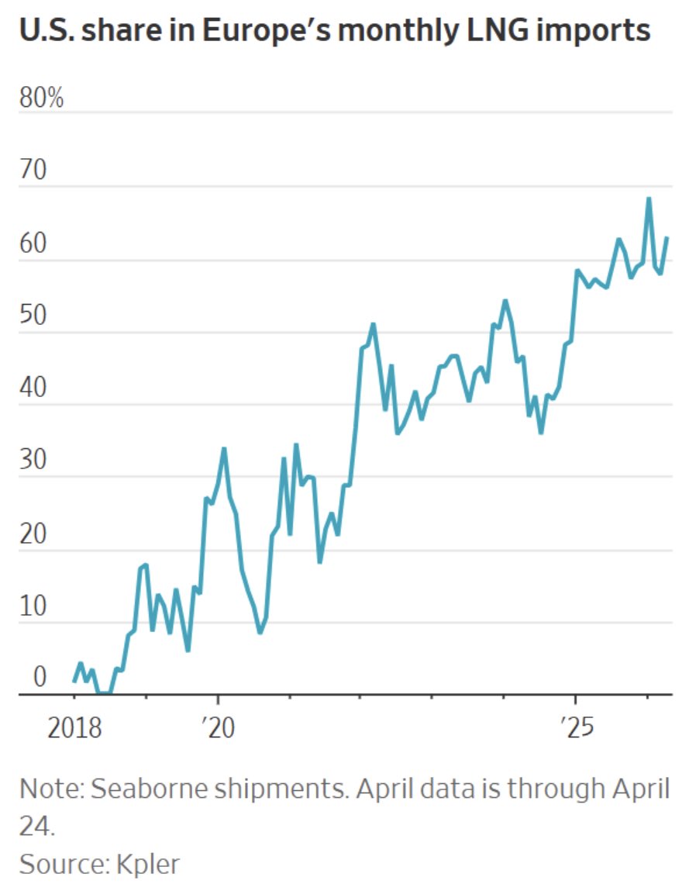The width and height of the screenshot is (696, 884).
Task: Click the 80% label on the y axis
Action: click(x=41, y=100)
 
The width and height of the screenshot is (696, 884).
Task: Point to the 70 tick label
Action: click(x=35, y=172)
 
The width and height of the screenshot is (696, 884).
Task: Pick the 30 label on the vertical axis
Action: click(x=35, y=463)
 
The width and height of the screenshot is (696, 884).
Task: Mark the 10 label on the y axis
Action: click(x=35, y=608)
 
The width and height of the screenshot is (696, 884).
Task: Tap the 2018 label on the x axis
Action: click(x=74, y=730)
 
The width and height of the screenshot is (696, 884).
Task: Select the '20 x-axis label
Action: click(x=218, y=730)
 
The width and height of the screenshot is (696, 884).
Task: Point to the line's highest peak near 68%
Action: click(x=649, y=199)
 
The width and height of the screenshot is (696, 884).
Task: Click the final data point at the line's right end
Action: click(x=667, y=238)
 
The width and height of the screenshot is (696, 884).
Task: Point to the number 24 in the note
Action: click(x=35, y=826)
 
